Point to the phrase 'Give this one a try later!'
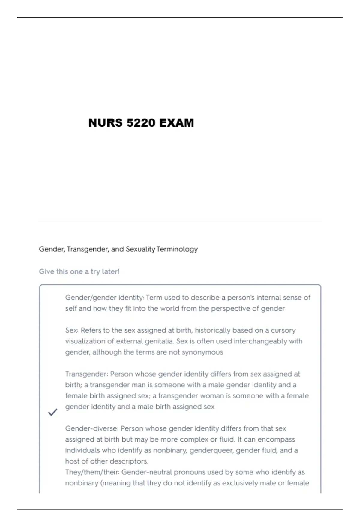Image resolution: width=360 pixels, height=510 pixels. click(79, 271)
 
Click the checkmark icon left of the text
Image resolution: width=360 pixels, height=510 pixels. click(52, 412)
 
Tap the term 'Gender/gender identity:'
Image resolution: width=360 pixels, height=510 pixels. click(105, 298)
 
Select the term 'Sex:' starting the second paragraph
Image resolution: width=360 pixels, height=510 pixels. click(72, 330)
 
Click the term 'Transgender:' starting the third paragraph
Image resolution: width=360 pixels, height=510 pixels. click(86, 374)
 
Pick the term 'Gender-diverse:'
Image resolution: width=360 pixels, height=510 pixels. click(92, 428)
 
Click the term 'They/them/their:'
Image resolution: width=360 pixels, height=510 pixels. click(92, 472)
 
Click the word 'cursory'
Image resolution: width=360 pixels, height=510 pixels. click(283, 330)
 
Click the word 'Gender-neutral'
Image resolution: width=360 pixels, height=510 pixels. click(147, 472)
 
